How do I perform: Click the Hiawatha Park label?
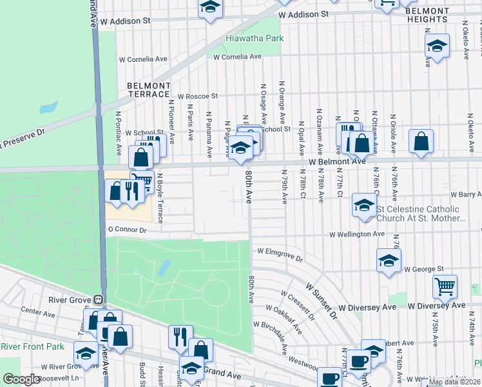tap(255, 39)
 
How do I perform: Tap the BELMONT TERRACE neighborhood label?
tap(149, 90)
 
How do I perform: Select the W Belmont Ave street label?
tap(336, 162)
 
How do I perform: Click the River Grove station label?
tap(72, 299)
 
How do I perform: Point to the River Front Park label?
tap(32, 347)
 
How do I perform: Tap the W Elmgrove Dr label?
tap(280, 255)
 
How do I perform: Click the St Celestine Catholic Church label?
tap(419, 213)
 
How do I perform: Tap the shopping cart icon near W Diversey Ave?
tap(445, 286)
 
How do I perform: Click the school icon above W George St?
tap(389, 261)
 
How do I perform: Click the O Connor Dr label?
tap(128, 230)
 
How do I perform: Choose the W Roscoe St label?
tap(198, 96)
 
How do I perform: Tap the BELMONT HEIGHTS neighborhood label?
tap(427, 15)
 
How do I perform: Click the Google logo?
tap(21, 379)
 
